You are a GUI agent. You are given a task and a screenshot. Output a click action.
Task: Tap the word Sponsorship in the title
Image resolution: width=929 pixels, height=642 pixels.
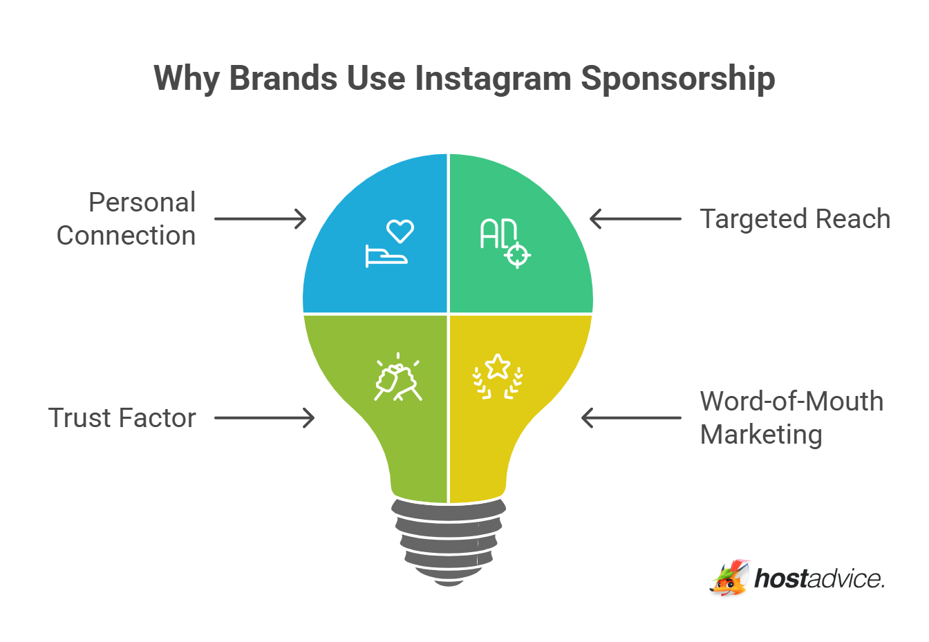pos(677,78)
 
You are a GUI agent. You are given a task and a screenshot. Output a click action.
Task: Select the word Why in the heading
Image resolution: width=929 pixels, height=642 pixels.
pos(186,78)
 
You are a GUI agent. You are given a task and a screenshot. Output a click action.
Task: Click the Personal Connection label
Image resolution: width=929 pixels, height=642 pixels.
pos(127,218)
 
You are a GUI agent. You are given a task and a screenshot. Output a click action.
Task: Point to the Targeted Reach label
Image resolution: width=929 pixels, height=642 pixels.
pos(795,218)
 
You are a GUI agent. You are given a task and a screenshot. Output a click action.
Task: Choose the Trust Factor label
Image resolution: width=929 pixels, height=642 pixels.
pos(122,418)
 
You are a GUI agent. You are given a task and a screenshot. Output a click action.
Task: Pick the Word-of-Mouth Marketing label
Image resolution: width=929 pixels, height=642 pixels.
pos(791,418)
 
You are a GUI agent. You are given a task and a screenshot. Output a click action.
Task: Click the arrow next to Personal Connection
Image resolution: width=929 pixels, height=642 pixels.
pos(260,219)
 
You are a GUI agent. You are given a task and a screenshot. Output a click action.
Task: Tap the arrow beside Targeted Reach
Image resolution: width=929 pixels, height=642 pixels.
pos(635,219)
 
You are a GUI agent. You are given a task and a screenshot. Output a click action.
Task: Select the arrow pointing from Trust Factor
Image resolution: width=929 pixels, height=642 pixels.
pos(264,418)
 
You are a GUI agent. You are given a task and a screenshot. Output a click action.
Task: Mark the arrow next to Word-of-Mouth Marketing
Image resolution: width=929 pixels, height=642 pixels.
pos(631,418)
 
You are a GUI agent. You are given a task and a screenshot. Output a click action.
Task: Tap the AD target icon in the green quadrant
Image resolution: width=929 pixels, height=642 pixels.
pos(505,243)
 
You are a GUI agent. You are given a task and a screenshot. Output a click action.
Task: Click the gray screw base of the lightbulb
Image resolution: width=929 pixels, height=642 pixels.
pos(449,542)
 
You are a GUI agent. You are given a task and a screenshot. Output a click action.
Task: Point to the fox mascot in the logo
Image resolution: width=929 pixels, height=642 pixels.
pos(729,578)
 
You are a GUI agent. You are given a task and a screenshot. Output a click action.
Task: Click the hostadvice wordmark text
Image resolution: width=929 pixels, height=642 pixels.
pos(819,578)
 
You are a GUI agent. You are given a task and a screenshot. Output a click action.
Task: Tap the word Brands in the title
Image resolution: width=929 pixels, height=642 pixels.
pos(283,78)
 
